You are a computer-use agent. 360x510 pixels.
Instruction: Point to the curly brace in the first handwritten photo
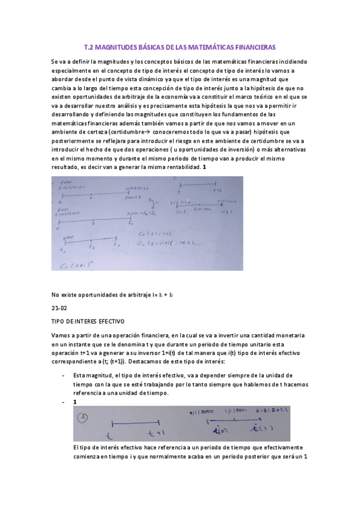155,203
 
